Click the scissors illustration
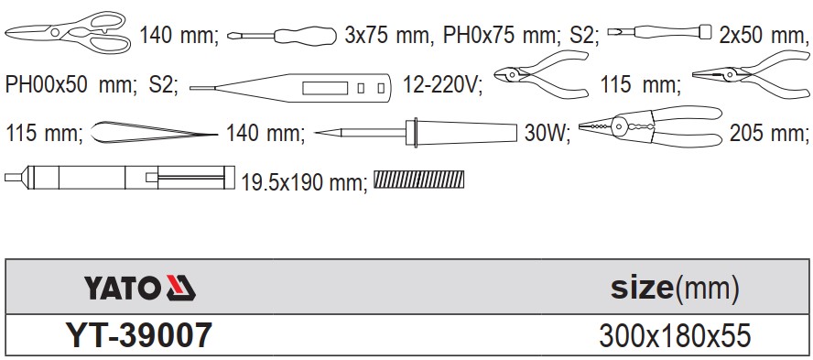[x=68, y=32]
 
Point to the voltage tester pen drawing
[x=290, y=88]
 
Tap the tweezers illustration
[x=154, y=132]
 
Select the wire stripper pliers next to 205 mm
[x=650, y=127]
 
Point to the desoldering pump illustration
[x=120, y=178]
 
